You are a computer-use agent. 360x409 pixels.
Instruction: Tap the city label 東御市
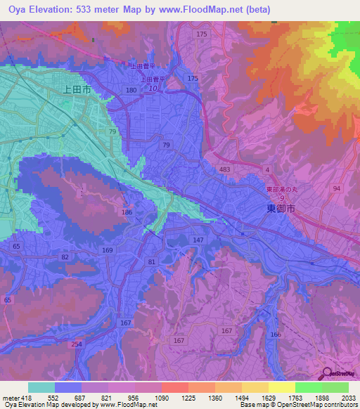pyautogui.click(x=281, y=209)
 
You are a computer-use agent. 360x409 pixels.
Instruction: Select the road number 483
pyautogui.click(x=224, y=170)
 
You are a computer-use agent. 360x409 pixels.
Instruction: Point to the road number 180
pyautogui.click(x=131, y=91)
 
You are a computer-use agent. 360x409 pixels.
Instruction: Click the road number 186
pyautogui.click(x=127, y=212)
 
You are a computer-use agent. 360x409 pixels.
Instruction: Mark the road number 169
pyautogui.click(x=108, y=249)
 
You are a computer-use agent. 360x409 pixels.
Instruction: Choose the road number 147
pyautogui.click(x=198, y=240)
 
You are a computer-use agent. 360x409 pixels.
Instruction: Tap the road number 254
pyautogui.click(x=75, y=345)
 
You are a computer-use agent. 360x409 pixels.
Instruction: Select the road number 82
pyautogui.click(x=65, y=258)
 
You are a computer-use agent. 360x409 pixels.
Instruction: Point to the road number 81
pyautogui.click(x=151, y=262)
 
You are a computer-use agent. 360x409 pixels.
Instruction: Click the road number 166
pyautogui.click(x=276, y=335)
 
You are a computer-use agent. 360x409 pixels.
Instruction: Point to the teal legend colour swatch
pyautogui.click(x=41, y=387)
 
